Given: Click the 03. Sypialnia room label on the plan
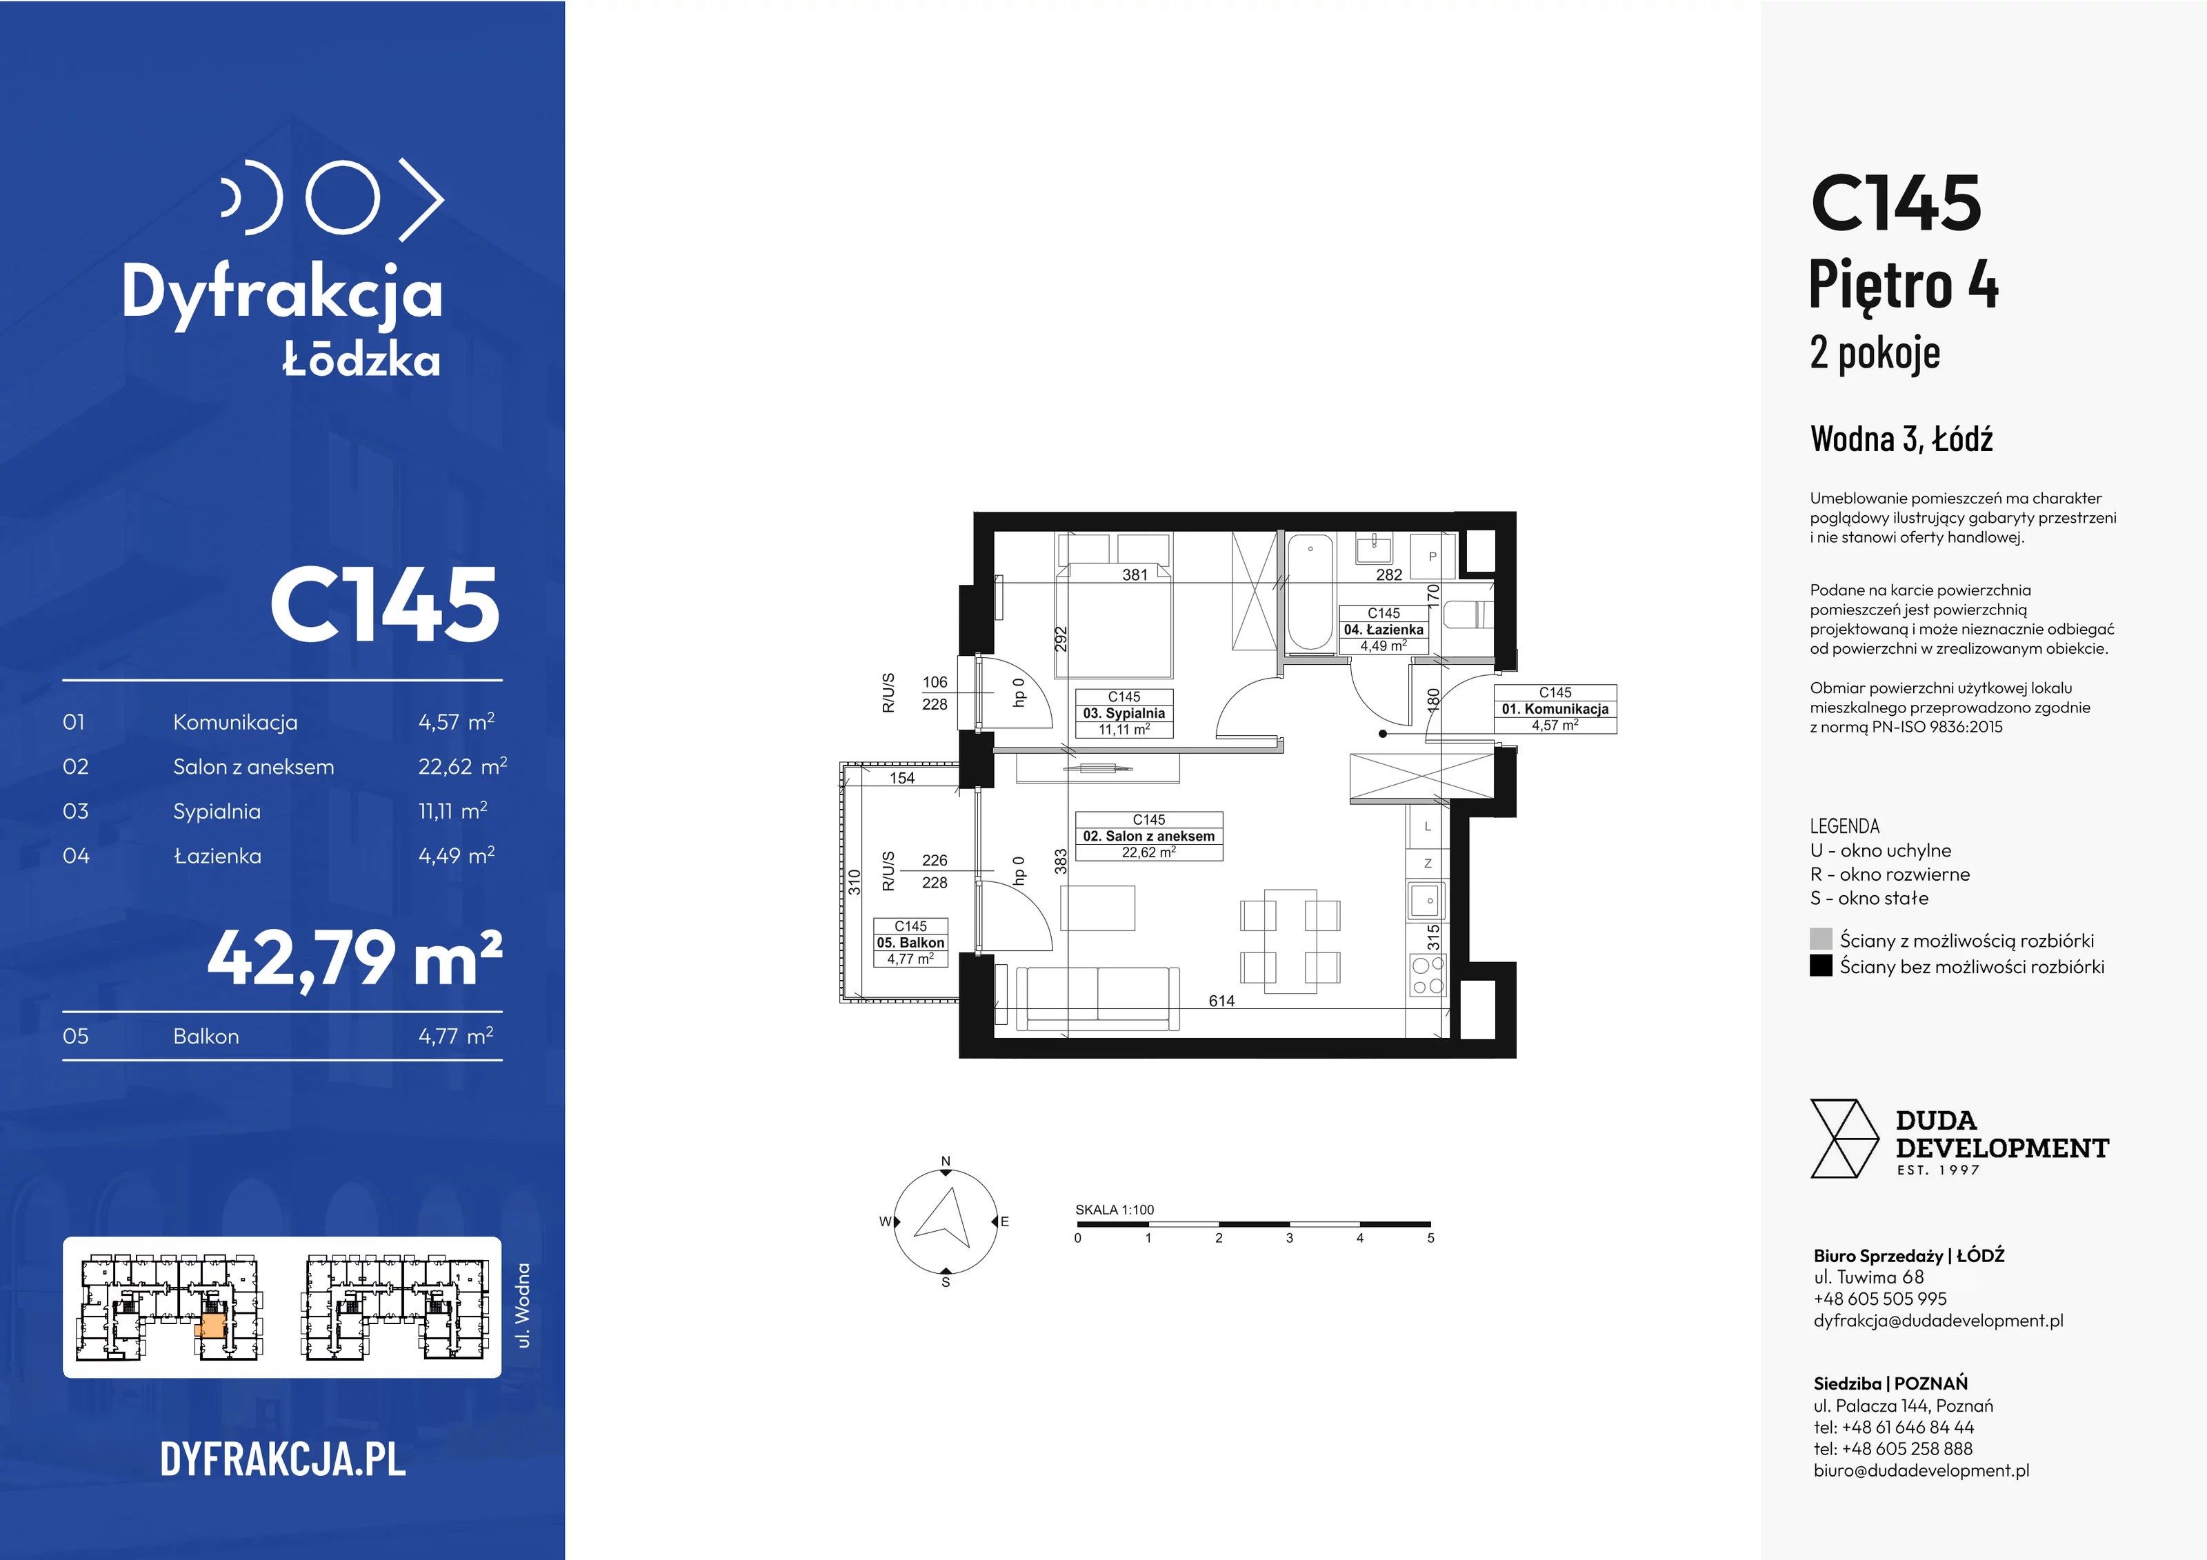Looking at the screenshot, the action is pyautogui.click(x=1124, y=713).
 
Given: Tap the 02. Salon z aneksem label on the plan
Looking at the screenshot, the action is pyautogui.click(x=1149, y=837).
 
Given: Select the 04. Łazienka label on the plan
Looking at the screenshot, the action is pyautogui.click(x=1384, y=630).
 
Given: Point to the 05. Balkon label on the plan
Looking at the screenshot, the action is pyautogui.click(x=910, y=943).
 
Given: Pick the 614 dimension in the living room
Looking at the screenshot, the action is pyautogui.click(x=1221, y=1001).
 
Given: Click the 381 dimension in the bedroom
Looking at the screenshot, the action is pyautogui.click(x=1135, y=574).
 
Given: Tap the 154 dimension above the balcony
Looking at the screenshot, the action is pyautogui.click(x=901, y=778).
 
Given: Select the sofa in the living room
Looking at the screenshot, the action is pyautogui.click(x=1097, y=999).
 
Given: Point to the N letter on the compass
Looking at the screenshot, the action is pyautogui.click(x=946, y=1161).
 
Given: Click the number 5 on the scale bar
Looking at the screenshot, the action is pyautogui.click(x=1430, y=1238).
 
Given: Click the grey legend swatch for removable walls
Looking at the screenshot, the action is pyautogui.click(x=1821, y=939).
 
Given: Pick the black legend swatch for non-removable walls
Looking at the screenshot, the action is pyautogui.click(x=1821, y=965).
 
